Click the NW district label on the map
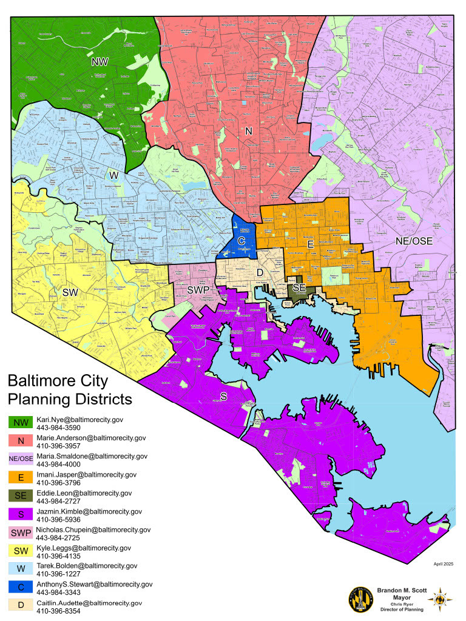coord(100,62)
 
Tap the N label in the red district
coord(248,130)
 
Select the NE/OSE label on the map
coord(414,241)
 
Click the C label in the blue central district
coord(241,241)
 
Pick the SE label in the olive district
coord(299,287)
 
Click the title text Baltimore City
coord(58,381)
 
